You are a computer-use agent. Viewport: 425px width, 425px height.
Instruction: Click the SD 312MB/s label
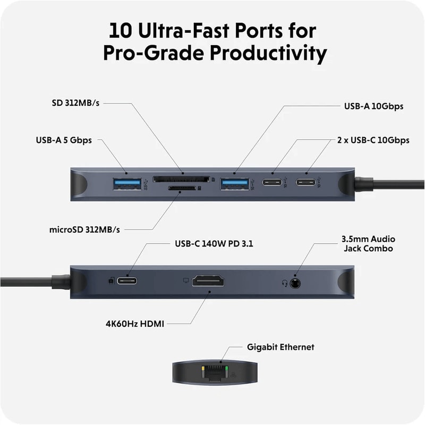[75, 103]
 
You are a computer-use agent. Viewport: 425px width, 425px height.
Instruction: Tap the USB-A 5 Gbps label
[63, 140]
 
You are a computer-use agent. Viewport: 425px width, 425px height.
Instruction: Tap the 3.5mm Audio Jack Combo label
[368, 243]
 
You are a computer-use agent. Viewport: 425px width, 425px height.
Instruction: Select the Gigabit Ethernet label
[280, 347]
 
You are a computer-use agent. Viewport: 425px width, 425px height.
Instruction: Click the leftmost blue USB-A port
[126, 184]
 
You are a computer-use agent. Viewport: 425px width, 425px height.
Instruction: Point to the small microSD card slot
[182, 188]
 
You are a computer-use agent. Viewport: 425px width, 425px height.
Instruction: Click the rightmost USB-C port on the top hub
[305, 184]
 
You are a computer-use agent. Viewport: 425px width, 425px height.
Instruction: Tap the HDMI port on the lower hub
[208, 281]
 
